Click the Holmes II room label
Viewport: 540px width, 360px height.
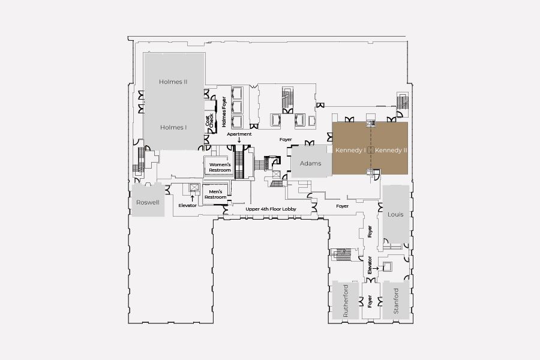[173, 82]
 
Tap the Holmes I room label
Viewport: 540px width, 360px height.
[173, 127]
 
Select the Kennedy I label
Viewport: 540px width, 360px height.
[350, 150]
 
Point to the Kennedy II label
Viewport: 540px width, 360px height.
[391, 150]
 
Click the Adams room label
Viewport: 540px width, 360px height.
[310, 163]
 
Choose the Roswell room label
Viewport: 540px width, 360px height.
[148, 203]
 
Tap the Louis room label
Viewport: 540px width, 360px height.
[395, 214]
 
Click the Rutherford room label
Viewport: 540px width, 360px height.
[346, 301]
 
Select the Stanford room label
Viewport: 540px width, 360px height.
[396, 301]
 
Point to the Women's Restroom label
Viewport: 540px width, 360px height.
[220, 167]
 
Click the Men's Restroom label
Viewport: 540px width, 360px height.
[215, 194]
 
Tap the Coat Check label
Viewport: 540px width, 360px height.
[209, 120]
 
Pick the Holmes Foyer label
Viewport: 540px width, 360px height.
[224, 112]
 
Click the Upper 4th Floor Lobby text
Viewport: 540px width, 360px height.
[271, 209]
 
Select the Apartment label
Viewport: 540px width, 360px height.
[239, 134]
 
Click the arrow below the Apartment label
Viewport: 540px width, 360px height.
[239, 140]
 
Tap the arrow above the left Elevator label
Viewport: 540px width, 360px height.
[192, 198]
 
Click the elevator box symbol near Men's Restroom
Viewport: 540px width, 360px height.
[194, 187]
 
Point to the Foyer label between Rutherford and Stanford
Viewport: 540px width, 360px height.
[370, 301]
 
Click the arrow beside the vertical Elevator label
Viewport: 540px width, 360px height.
[376, 268]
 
